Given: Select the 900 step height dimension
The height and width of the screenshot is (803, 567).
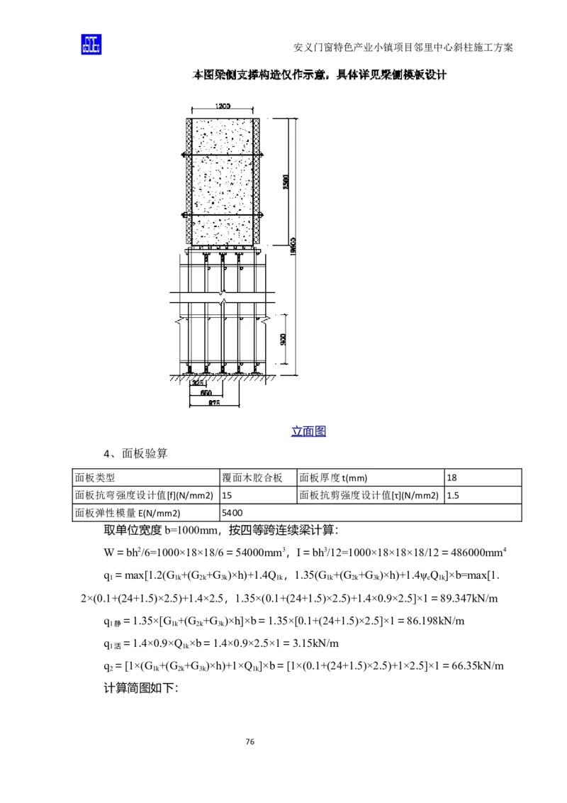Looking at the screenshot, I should pyautogui.click(x=283, y=339).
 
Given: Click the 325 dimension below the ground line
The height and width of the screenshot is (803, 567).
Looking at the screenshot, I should pyautogui.click(x=198, y=382).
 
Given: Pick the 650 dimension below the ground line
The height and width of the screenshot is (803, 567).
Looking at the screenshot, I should pyautogui.click(x=206, y=392).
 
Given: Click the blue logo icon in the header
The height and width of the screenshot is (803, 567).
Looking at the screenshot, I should pyautogui.click(x=90, y=44).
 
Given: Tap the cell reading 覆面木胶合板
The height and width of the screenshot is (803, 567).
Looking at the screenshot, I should pyautogui.click(x=252, y=478).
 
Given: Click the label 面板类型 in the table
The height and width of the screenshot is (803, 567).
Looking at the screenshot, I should pyautogui.click(x=95, y=478).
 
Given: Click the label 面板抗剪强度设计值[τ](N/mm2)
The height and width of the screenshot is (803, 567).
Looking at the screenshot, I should pyautogui.click(x=369, y=496).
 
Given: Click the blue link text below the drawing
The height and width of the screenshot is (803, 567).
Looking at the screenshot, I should pyautogui.click(x=308, y=431).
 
